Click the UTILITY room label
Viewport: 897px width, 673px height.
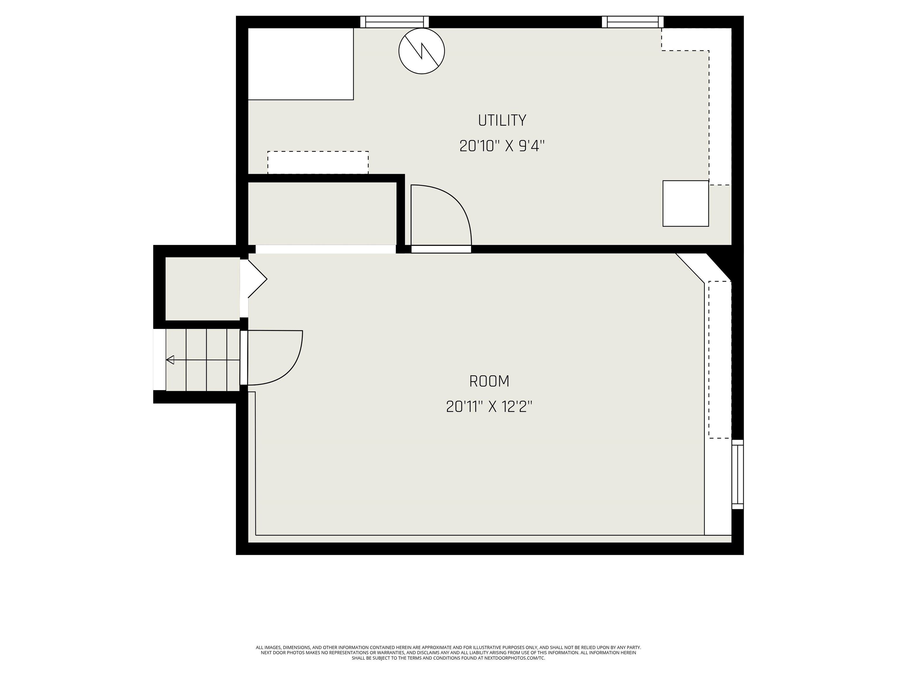(502, 120)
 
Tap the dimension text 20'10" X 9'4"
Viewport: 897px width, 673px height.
(502, 146)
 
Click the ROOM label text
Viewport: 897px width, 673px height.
(489, 381)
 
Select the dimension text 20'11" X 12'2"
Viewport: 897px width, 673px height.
(489, 407)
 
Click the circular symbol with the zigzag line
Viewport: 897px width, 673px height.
(422, 51)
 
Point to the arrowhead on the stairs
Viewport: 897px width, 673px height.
(170, 360)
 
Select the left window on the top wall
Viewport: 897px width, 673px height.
(394, 22)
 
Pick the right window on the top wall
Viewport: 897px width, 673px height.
(633, 22)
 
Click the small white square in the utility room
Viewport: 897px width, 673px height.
(686, 203)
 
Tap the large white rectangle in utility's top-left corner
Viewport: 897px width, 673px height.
(300, 64)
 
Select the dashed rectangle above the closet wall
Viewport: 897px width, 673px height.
(318, 163)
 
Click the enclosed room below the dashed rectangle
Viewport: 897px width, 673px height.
(322, 214)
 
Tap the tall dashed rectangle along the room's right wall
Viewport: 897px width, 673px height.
(720, 360)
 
